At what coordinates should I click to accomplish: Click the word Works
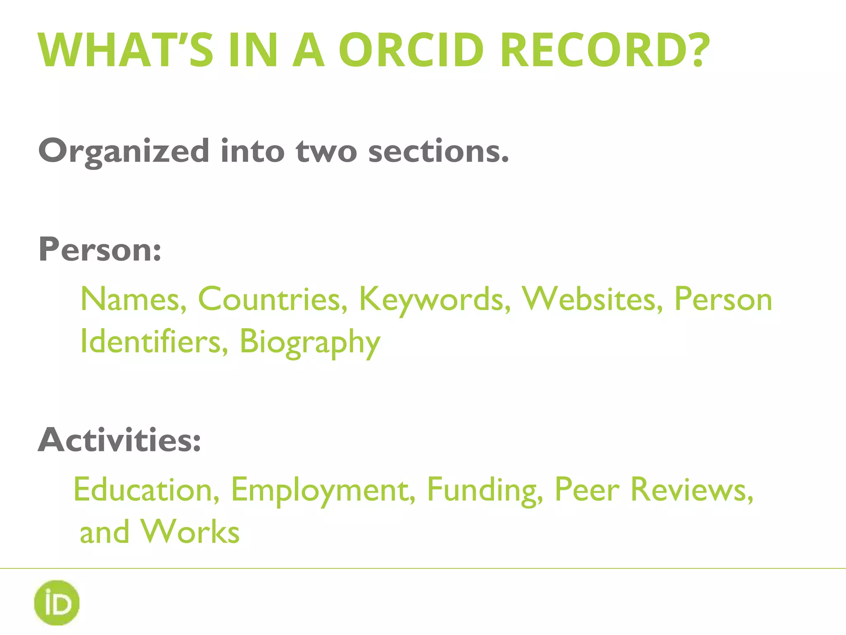point(190,532)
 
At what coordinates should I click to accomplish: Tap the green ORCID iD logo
point(57,602)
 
